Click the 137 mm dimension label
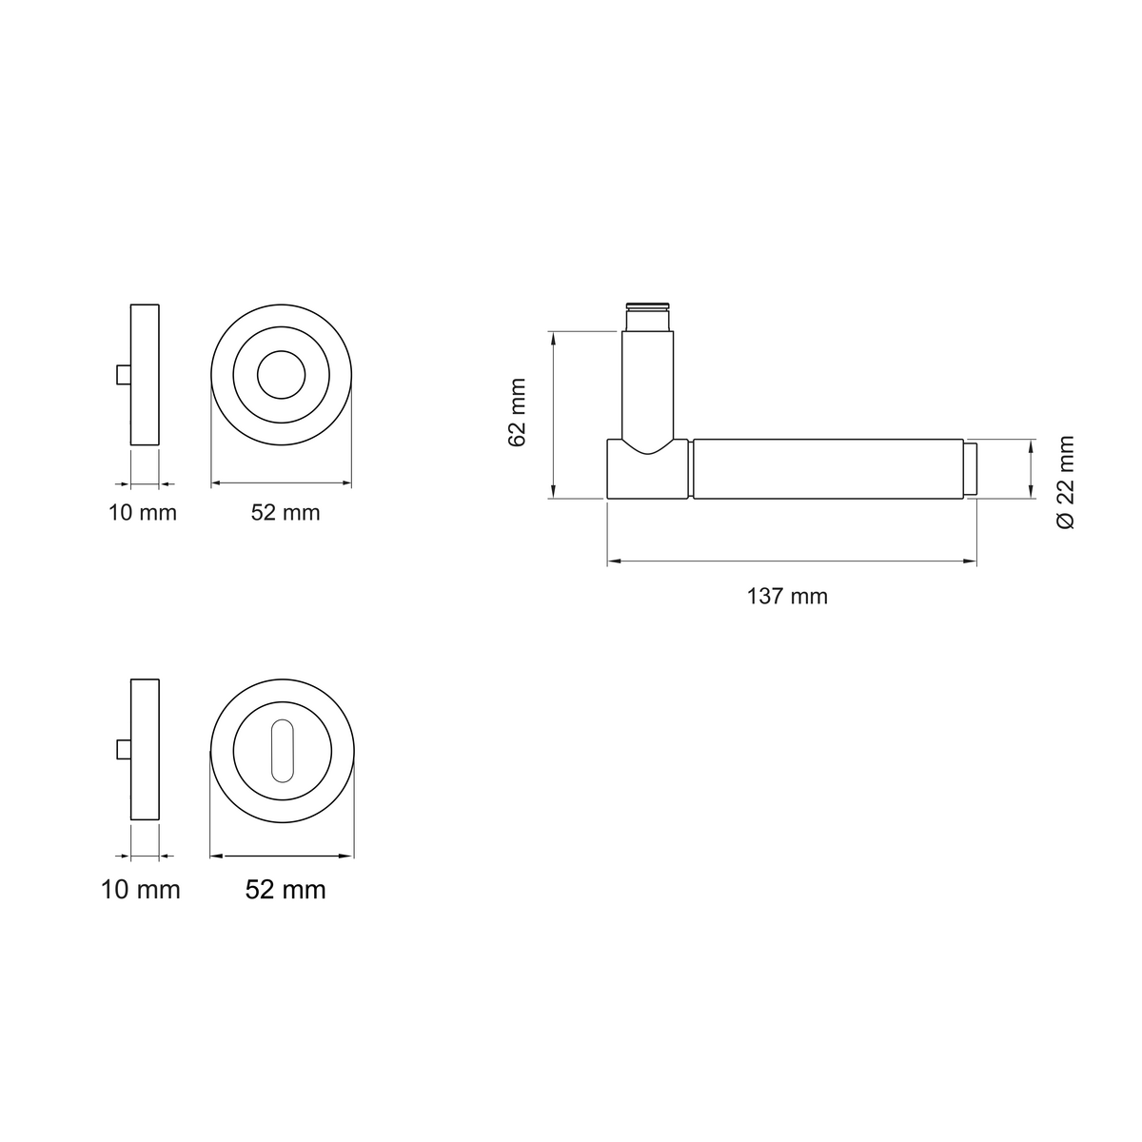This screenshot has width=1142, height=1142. (786, 596)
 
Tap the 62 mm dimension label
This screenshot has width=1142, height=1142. (518, 412)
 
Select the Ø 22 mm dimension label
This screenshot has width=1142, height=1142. (1065, 482)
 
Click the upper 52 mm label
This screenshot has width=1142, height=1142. (285, 513)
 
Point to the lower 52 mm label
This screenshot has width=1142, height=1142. (285, 890)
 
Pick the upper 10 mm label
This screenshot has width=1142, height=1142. (142, 513)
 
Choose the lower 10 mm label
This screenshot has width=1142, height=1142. (141, 890)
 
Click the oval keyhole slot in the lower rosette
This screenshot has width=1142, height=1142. (282, 751)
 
